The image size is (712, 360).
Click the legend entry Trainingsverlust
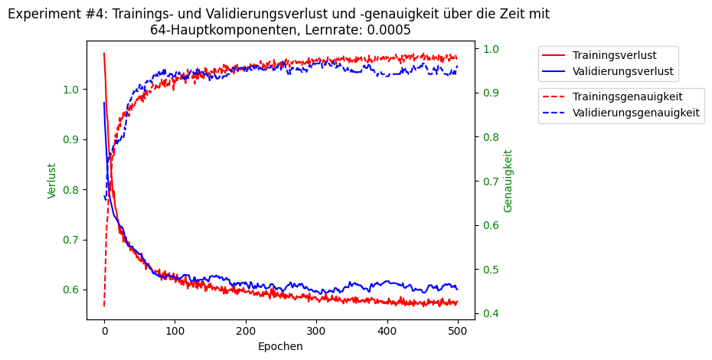[614, 55]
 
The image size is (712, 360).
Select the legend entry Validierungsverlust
[622, 71]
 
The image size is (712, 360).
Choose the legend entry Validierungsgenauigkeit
[636, 113]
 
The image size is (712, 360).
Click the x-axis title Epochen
[280, 346]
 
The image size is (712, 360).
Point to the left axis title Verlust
[52, 181]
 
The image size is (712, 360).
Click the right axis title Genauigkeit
[508, 181]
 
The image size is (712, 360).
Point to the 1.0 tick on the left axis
[71, 90]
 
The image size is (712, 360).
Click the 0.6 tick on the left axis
[71, 290]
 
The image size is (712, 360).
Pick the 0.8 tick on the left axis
[71, 190]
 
